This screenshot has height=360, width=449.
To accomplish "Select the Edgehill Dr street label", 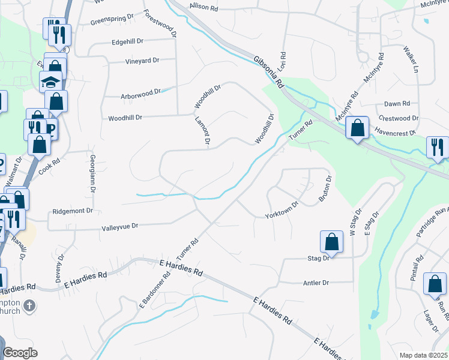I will coord(128,42).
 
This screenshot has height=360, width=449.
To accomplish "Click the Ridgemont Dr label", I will coord(73,211).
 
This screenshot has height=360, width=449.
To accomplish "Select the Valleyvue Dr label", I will coord(120,226).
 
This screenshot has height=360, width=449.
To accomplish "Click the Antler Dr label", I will coord(317,283).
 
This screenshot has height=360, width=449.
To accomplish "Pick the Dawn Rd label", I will coord(397,104).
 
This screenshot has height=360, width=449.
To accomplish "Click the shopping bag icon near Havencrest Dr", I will coord(357,127).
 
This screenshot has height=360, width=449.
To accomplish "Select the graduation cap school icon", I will coord(51,81).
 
